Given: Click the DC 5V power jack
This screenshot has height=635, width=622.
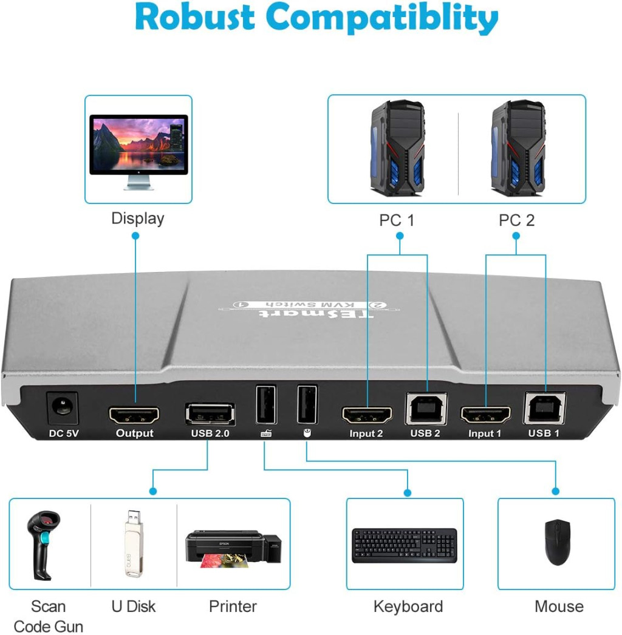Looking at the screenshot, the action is coord(63,408).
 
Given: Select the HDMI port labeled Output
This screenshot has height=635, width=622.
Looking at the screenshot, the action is coord(134,415).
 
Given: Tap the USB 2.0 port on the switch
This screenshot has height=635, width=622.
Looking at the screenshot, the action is coord(210,415).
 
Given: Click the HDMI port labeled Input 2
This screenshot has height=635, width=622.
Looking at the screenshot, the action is coord(367,415).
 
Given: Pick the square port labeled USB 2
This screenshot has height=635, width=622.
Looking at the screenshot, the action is coord(426,409).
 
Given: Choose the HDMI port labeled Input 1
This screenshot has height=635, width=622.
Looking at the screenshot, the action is coord(485,415).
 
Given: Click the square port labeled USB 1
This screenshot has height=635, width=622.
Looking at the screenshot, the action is coord(545,408).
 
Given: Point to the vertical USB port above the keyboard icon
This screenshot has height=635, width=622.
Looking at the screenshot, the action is coord(266,405).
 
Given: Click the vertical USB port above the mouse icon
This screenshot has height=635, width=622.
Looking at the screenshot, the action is coord(307,404).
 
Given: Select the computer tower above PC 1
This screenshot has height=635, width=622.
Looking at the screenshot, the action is coord(397,148).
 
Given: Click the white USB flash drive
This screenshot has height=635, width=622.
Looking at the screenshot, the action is coord(134,543).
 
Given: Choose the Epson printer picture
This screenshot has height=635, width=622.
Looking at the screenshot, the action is coord(233,549).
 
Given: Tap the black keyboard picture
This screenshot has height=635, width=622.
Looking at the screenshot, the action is coord(405,545).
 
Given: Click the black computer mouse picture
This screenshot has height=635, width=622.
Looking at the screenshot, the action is coord(558,542).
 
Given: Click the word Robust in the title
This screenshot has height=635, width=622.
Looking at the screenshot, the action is coord(194,17).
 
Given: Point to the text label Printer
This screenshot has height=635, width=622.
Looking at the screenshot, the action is coord(233,606).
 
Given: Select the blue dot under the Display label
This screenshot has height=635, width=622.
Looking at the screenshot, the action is coord(135,236).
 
